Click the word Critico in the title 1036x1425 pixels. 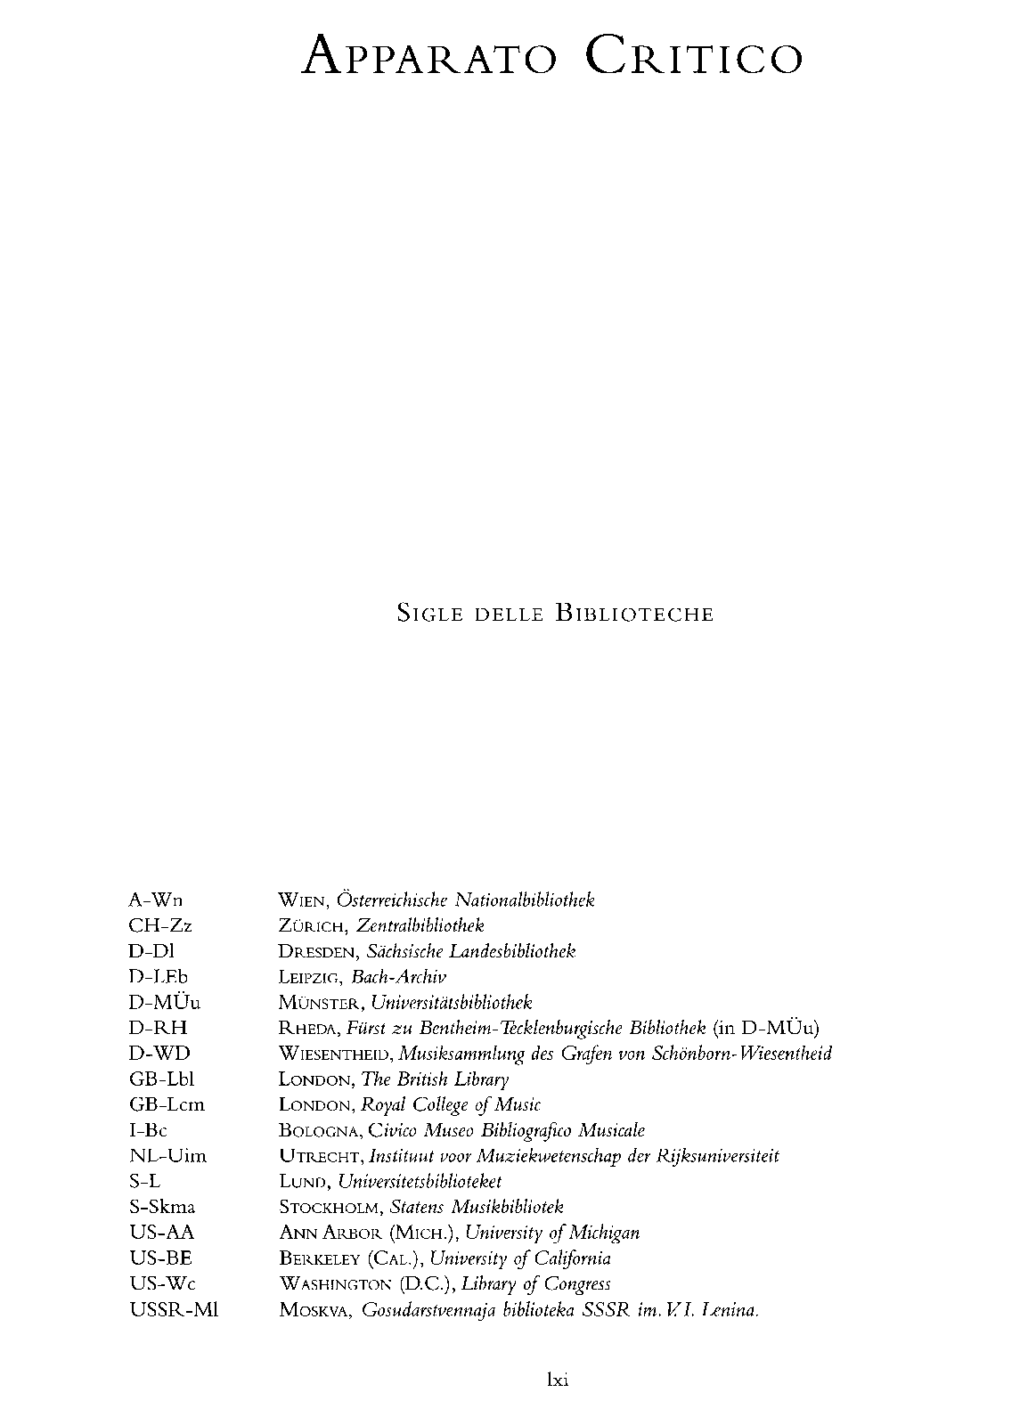[x=695, y=57]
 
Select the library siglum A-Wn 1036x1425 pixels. [x=157, y=900]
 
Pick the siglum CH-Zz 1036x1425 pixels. [x=160, y=925]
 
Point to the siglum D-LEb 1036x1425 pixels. [x=159, y=977]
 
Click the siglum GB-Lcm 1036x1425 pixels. [x=167, y=1104]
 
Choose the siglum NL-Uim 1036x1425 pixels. [x=167, y=1156]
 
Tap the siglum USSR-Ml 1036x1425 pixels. [x=175, y=1310]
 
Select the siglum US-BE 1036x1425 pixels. [x=160, y=1258]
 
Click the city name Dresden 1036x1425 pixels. [x=315, y=951]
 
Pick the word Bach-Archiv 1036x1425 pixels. [x=399, y=977]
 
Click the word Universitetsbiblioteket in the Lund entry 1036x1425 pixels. [x=421, y=1182]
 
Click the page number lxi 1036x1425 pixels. [x=558, y=1380]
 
